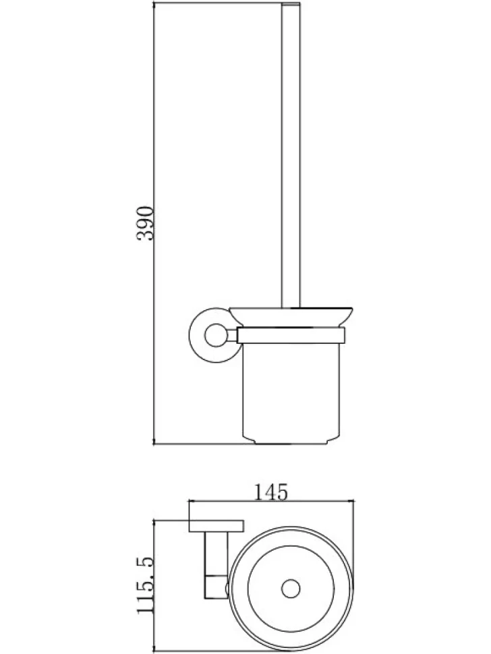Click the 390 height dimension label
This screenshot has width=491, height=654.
(146, 223)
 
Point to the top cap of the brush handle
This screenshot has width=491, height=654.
(291, 5)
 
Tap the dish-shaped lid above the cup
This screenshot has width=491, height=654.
(291, 317)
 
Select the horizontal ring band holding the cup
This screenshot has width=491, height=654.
(291, 335)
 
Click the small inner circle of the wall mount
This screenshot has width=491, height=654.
(215, 335)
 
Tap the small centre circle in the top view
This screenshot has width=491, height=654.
(291, 589)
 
